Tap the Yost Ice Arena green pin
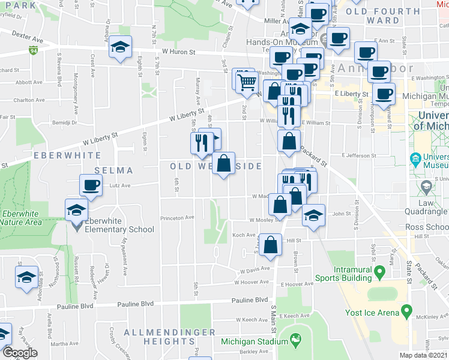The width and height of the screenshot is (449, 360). point(406,311)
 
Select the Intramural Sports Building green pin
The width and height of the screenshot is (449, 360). point(379,274)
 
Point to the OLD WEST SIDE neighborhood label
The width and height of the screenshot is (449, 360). point(216,166)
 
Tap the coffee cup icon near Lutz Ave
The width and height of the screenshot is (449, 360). point(91,185)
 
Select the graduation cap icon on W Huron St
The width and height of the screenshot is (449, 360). point(121,47)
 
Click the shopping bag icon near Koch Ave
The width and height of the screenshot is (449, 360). point(271,245)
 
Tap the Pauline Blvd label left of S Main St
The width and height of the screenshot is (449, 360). point(253,299)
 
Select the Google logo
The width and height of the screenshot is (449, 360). point(20,353)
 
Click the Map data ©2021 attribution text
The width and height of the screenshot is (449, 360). point(424,355)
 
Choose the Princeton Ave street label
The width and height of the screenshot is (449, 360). point(181,217)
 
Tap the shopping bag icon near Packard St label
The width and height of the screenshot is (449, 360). point(289,141)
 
